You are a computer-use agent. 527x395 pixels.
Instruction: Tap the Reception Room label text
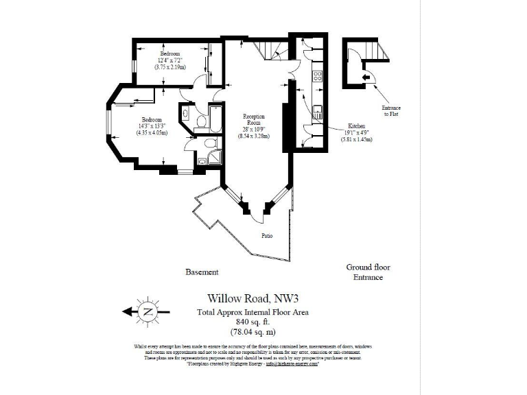(254, 121)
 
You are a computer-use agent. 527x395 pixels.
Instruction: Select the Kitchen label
(357, 127)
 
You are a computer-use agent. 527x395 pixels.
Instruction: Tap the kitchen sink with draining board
(318, 113)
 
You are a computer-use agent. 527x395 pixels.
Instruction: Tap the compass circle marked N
(147, 312)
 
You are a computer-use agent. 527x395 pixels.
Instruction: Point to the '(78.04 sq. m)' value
(253, 332)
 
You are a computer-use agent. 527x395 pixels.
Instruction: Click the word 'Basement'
(202, 272)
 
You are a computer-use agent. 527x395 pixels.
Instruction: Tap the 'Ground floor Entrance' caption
(368, 272)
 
